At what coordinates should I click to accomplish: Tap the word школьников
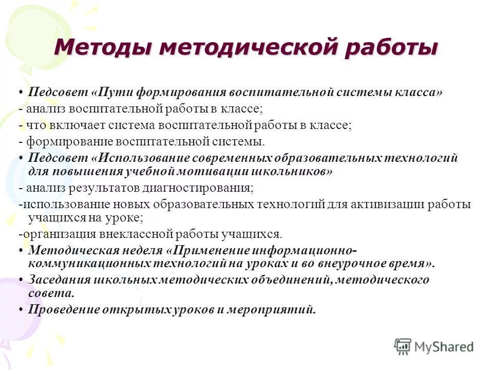tap(291, 172)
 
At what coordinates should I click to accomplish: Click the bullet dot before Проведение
tap(21, 310)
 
